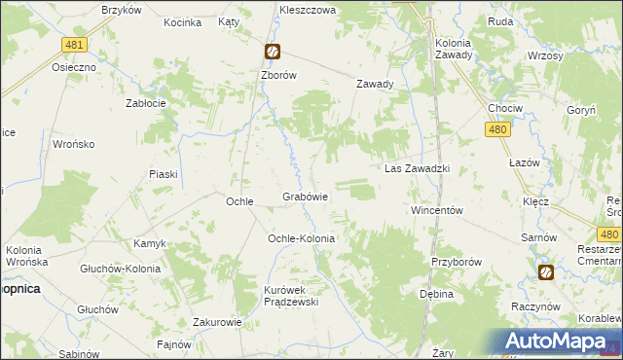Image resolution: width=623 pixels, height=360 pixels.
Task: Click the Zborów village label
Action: pos(278,74)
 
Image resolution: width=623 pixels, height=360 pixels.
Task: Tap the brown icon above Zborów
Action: pos(273,53)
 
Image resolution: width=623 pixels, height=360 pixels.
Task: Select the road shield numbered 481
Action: pos(73,46)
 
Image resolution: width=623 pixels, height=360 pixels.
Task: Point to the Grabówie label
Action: pos(305,197)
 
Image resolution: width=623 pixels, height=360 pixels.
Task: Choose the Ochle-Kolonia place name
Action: pos(302,238)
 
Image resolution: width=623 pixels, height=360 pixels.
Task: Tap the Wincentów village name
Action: pos(435,210)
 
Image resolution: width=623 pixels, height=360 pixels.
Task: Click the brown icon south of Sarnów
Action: pos(545,272)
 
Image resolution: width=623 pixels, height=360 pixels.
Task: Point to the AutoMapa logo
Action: pos(559,342)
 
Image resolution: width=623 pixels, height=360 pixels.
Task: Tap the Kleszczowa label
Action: pos(308,8)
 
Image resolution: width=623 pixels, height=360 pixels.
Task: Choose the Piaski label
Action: pos(163,174)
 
